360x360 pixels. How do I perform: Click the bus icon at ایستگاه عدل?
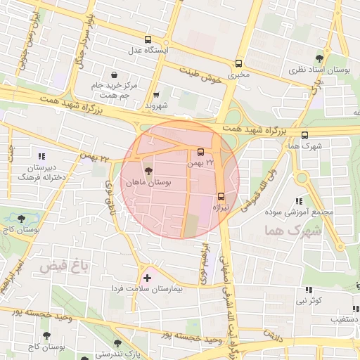(148, 40)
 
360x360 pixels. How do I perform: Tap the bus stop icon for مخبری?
(239, 62)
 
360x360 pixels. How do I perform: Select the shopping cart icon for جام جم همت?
(114, 75)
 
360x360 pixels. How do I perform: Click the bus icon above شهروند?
(156, 95)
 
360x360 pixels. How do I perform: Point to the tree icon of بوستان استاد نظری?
(320, 58)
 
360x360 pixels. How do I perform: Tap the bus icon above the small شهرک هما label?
(304, 135)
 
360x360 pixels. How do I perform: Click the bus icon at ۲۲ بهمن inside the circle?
(201, 152)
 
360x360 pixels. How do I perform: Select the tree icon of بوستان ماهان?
(148, 171)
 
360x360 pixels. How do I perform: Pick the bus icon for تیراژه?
(221, 196)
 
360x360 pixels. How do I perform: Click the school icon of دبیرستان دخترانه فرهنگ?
(41, 156)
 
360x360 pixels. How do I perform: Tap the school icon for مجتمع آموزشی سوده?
(300, 201)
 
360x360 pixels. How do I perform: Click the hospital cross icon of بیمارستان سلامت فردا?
(146, 278)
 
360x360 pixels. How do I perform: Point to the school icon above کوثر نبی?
(308, 290)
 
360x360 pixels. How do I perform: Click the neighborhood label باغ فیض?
(58, 266)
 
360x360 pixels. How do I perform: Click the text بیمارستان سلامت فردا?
(147, 289)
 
